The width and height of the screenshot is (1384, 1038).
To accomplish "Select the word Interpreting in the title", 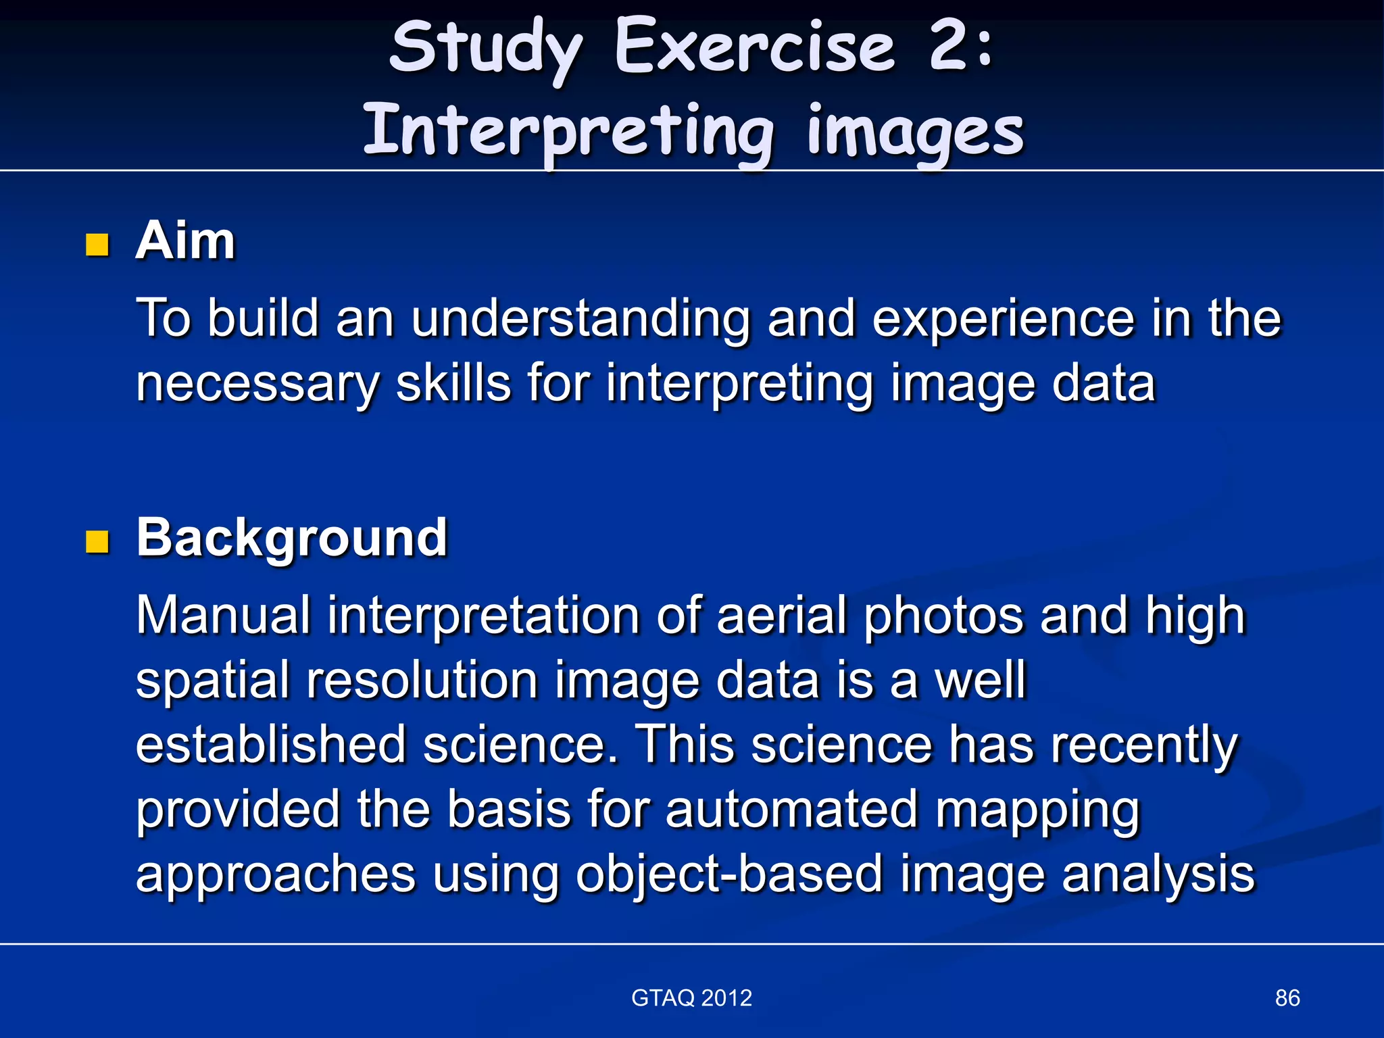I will coord(568,131).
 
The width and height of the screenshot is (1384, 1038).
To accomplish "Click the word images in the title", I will coord(916,131).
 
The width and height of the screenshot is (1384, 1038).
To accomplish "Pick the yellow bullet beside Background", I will coord(98,541).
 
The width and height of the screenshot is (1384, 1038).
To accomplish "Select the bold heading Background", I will coord(292,538).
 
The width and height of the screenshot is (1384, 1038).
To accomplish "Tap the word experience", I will coord(1004,318).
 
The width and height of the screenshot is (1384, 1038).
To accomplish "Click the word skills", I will coord(453,382).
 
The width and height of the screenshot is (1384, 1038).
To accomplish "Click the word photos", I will coord(944,616).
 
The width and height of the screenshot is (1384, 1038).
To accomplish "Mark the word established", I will coord(271,744).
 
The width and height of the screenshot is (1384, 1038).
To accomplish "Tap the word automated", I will coord(791,809).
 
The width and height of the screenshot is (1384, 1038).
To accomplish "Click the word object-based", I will coord(729,874).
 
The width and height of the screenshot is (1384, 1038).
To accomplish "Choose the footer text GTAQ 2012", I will coord(691,998).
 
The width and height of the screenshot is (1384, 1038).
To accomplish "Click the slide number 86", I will coord(1287,998).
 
